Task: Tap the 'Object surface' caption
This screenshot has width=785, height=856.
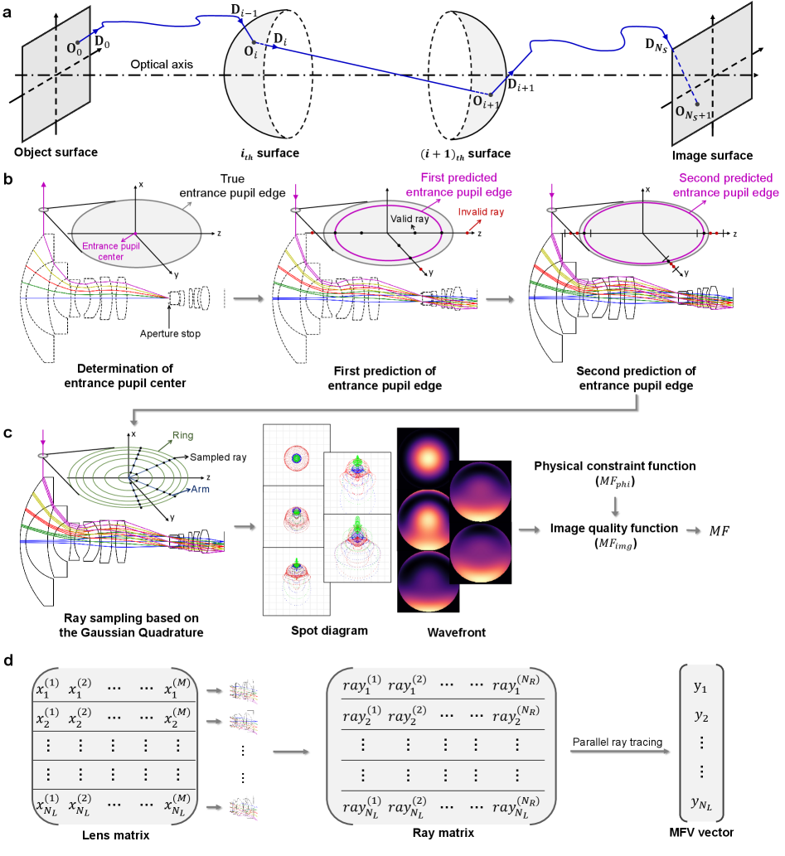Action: tap(56, 152)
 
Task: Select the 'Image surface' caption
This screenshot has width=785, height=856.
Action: tap(713, 155)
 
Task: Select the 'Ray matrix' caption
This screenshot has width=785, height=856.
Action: tap(443, 844)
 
